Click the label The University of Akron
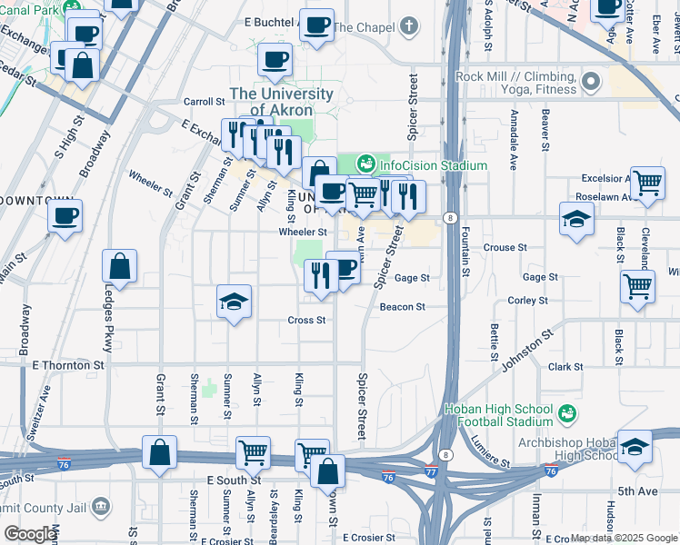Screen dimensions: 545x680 point(281,102)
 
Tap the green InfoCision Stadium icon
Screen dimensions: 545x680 point(366,163)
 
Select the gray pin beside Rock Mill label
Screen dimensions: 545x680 point(592,84)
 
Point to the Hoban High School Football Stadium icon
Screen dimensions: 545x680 point(568,413)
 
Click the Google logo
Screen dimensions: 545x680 point(30,534)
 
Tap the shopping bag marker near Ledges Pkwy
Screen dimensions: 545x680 point(120,267)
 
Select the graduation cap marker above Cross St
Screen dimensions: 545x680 point(234,301)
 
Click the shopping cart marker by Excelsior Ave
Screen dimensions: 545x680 point(647,183)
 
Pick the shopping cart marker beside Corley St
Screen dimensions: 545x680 point(637,287)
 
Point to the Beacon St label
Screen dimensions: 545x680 point(403,307)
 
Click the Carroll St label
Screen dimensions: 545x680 point(204,102)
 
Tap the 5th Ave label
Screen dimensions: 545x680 point(637,491)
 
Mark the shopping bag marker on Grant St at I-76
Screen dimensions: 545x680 point(159,452)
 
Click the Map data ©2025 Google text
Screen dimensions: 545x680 point(624,538)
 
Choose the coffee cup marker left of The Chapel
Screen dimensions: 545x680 point(316,25)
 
